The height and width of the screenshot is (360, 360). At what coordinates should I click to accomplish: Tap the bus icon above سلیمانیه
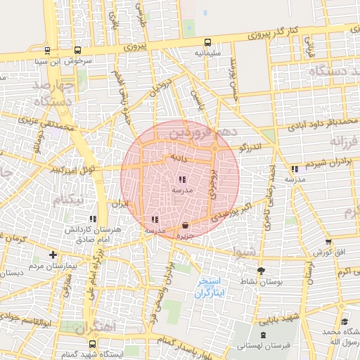(207, 42)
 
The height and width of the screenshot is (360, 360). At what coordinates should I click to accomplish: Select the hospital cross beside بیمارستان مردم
(53, 254)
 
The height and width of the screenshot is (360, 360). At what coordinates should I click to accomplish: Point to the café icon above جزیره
(185, 226)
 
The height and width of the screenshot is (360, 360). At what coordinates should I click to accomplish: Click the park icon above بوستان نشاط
(262, 271)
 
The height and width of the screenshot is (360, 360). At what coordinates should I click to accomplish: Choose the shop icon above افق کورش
(328, 241)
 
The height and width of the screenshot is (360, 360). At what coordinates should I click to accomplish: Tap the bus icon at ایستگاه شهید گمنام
(93, 343)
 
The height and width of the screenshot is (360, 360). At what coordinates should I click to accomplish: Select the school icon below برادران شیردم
(294, 169)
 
